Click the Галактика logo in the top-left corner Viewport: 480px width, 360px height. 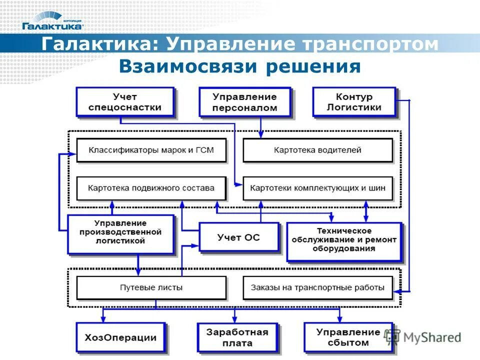(x=52, y=21)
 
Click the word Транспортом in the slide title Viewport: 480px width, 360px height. (x=370, y=44)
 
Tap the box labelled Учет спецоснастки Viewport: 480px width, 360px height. (x=125, y=102)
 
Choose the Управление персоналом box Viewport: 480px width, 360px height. (x=244, y=102)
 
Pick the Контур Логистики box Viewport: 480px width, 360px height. (x=354, y=102)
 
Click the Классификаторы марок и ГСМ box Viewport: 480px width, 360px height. (x=151, y=150)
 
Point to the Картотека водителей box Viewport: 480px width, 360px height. (x=317, y=150)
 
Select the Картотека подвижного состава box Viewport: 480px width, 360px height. (x=151, y=188)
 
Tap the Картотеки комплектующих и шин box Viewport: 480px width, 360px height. (x=317, y=188)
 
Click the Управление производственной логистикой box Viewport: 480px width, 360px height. (x=121, y=233)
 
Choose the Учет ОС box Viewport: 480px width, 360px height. (x=238, y=237)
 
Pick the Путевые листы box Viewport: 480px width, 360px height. (x=151, y=287)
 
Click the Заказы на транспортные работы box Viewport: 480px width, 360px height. (x=317, y=287)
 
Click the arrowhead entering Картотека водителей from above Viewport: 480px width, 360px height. (x=260, y=135)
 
